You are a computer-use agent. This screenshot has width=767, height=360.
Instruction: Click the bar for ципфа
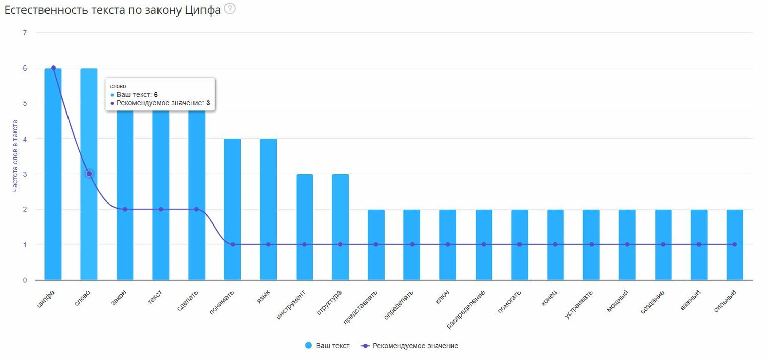(x=53, y=174)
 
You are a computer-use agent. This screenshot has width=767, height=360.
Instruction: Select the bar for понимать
(x=233, y=210)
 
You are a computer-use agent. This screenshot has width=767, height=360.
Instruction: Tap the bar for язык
(x=268, y=210)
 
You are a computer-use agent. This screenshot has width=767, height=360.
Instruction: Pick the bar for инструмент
(x=304, y=228)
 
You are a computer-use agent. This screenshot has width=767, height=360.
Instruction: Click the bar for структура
(x=340, y=228)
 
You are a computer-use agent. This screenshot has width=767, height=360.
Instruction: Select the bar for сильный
(x=735, y=245)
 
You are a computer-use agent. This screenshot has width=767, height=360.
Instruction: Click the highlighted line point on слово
(x=89, y=174)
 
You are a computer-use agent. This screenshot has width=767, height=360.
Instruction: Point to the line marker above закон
(x=125, y=209)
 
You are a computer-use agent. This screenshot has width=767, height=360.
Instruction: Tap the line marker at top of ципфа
(x=53, y=68)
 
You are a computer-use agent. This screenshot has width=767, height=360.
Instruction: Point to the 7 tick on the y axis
(x=25, y=33)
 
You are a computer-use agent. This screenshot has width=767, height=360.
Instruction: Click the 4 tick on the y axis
(x=25, y=139)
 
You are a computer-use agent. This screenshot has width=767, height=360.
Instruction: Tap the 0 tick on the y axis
(x=25, y=280)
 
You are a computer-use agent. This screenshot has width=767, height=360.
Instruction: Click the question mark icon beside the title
(x=230, y=9)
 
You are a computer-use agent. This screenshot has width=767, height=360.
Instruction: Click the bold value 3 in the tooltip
(x=208, y=103)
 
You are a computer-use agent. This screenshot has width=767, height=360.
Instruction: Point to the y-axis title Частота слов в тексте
(x=15, y=156)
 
